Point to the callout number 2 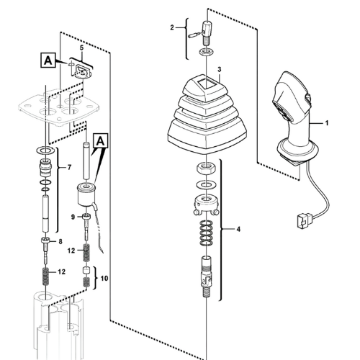[x=172, y=27]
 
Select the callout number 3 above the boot [x=219, y=69]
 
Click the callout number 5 [x=82, y=48]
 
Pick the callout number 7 [x=69, y=168]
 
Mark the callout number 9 [x=73, y=216]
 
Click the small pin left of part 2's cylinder [x=194, y=32]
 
